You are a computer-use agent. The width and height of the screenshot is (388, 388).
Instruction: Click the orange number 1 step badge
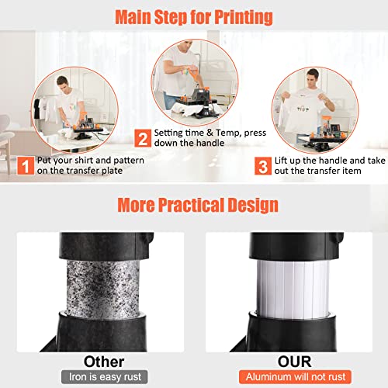tap(23, 165)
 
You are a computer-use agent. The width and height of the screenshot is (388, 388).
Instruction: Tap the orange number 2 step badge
tap(142, 140)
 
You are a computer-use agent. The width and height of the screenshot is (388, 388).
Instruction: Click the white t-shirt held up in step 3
tap(317, 115)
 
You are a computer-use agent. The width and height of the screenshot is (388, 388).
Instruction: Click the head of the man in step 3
tap(314, 78)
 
